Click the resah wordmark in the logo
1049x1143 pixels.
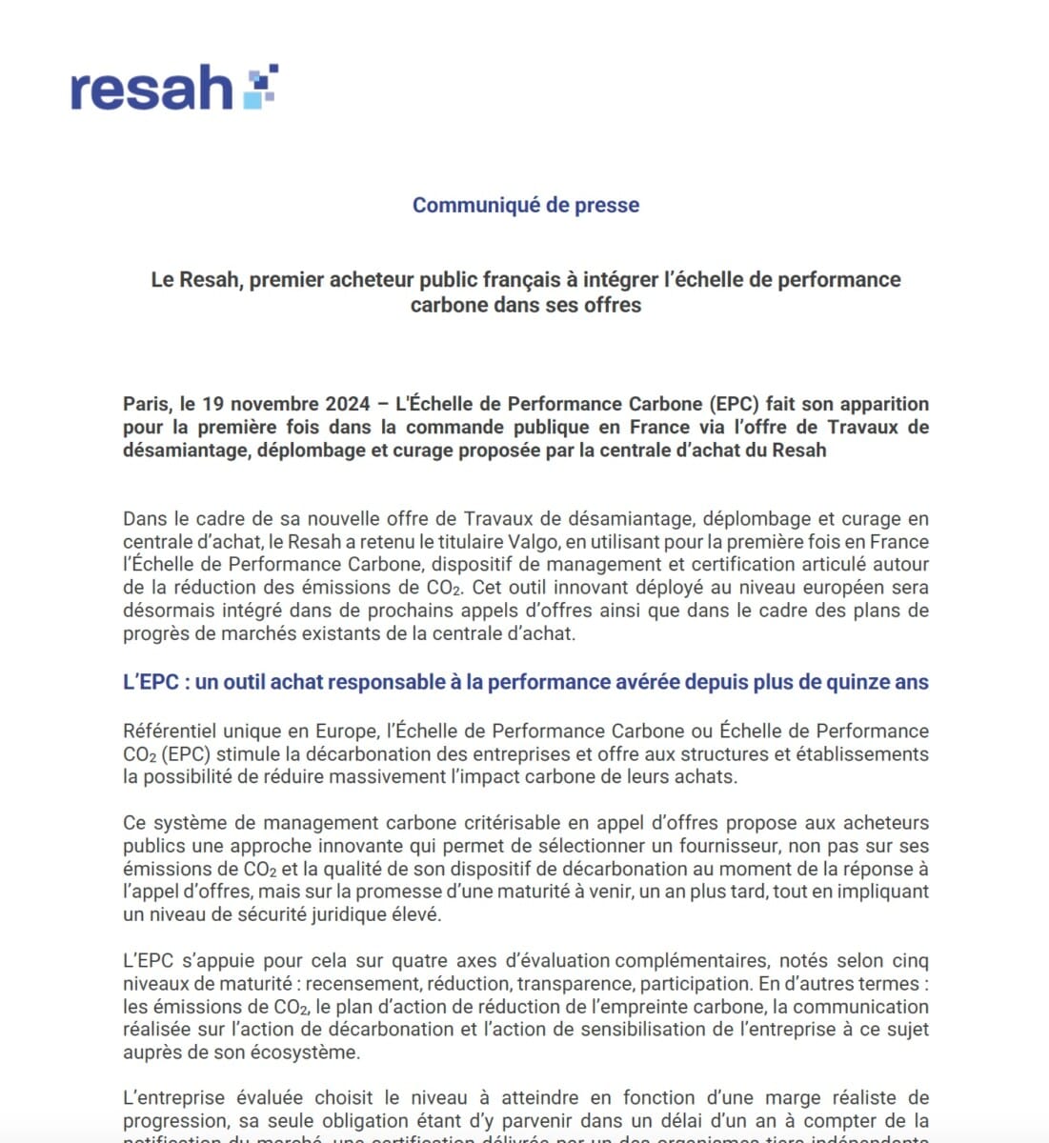[x=151, y=90]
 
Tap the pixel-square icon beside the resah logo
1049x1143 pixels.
[x=259, y=85]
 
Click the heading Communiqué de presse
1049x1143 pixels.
[x=525, y=205]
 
